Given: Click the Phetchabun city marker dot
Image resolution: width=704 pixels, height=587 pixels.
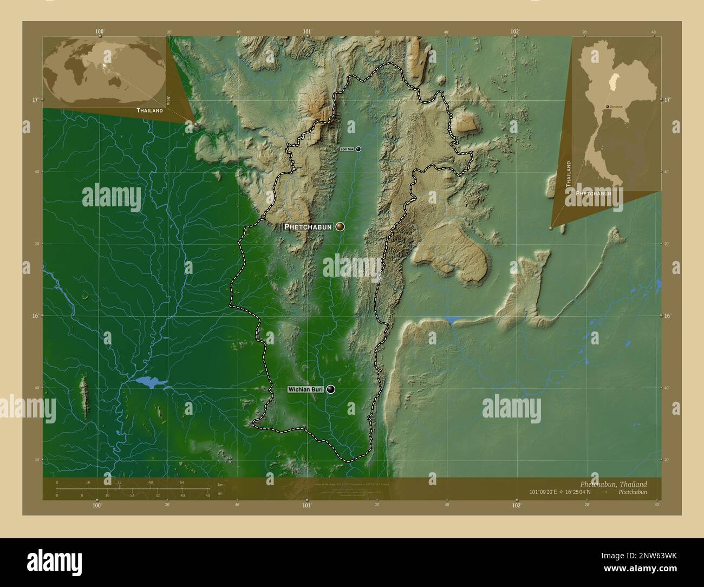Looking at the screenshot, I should tap(340, 226).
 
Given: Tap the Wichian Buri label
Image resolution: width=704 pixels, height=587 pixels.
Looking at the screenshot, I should tap(305, 389).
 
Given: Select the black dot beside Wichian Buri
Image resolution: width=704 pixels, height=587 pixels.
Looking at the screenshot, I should tap(330, 389).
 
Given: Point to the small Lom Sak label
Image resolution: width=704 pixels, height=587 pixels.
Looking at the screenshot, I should tap(347, 149).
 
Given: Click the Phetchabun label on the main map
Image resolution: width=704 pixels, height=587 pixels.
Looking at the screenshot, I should tap(308, 227).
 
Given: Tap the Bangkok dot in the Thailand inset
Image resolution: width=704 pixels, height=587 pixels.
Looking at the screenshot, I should tap(607, 107).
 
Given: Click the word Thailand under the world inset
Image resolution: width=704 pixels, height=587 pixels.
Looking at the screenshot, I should tap(149, 110).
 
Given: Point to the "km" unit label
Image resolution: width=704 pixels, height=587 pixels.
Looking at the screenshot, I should tap(220, 484).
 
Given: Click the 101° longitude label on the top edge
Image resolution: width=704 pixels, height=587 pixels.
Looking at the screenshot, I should tap(307, 32).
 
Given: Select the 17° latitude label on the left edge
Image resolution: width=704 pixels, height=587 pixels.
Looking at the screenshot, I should tap(34, 100).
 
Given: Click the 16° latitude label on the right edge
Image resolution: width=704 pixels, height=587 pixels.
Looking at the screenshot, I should tap(668, 315).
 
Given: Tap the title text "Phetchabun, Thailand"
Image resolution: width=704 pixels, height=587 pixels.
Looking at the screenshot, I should tap(613, 484).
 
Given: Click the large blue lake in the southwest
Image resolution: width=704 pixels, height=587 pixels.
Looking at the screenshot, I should tap(148, 382).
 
